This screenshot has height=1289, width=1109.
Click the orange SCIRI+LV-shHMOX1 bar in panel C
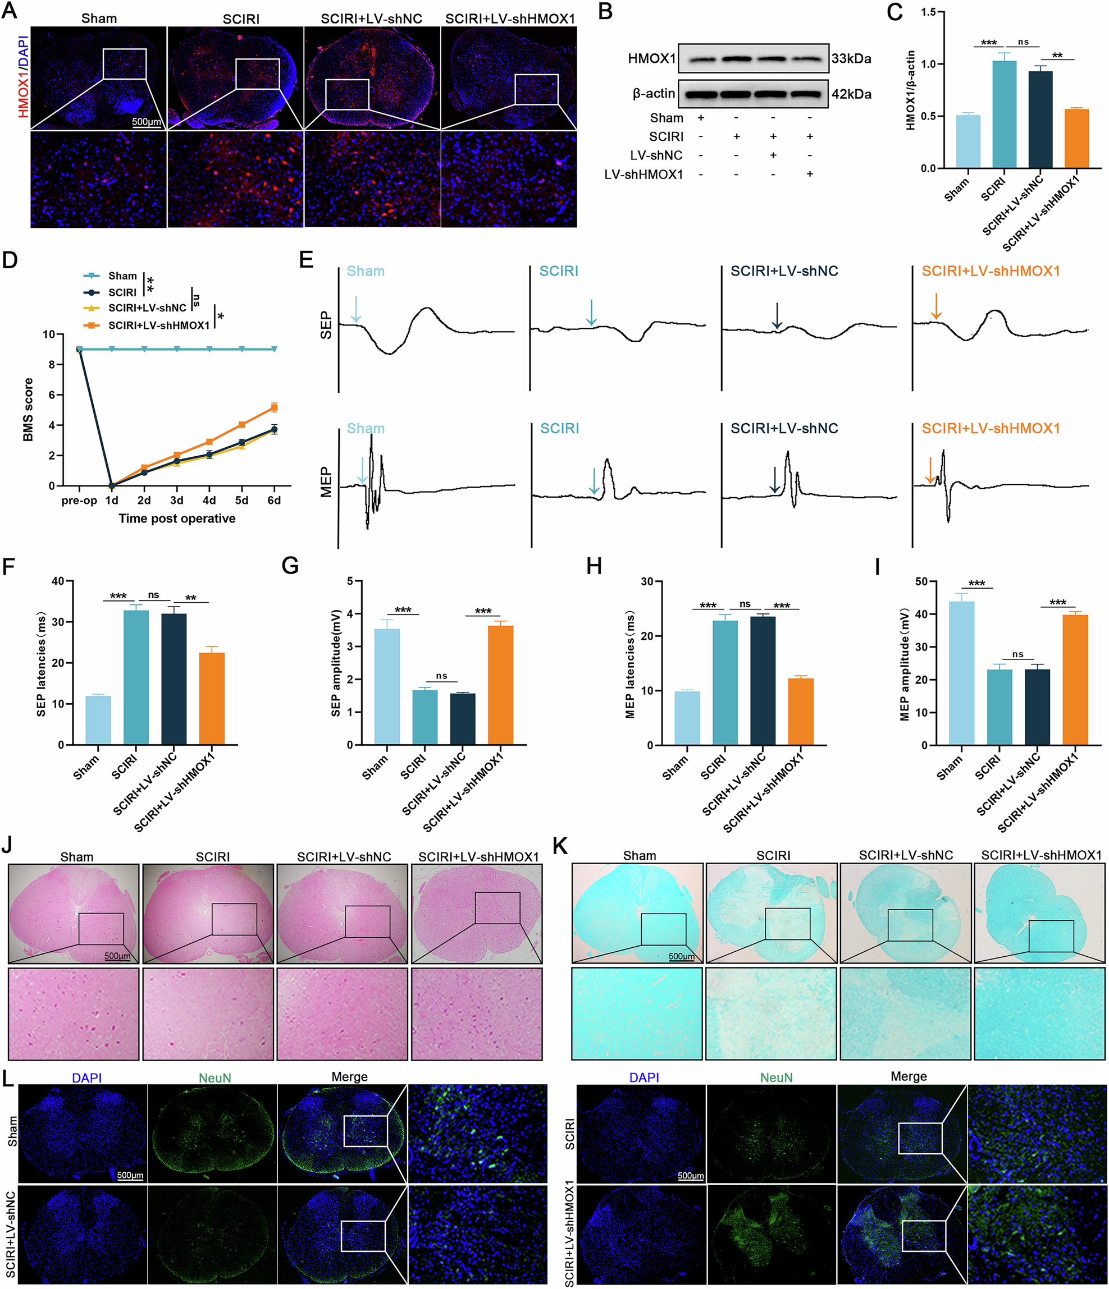(x=1076, y=138)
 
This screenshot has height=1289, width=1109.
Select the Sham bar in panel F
(x=98, y=720)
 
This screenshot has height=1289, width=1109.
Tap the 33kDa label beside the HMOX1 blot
(x=851, y=59)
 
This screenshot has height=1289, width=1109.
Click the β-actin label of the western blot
(x=654, y=94)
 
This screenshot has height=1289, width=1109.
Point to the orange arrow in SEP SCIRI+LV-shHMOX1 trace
(x=936, y=307)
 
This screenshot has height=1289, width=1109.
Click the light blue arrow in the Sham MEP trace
(x=362, y=470)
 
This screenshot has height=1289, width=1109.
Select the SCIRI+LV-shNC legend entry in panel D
(x=147, y=308)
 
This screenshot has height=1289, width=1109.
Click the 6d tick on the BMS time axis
(x=274, y=501)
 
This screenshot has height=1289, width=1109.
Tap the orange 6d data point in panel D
(x=274, y=407)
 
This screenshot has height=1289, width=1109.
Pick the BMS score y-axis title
(x=28, y=409)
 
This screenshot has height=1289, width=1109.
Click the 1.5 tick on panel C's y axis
(x=928, y=12)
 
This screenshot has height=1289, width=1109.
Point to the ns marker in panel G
(x=441, y=676)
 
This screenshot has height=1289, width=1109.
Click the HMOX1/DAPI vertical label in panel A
(x=23, y=76)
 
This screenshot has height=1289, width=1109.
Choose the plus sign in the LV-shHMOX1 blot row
(x=809, y=174)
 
